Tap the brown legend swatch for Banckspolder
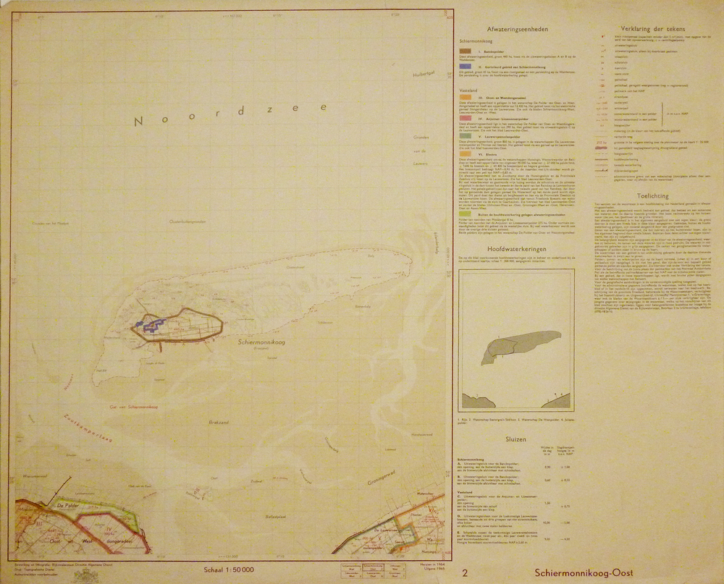(x=466, y=53)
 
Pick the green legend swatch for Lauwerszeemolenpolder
(x=466, y=135)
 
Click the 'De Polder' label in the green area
(x=67, y=506)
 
